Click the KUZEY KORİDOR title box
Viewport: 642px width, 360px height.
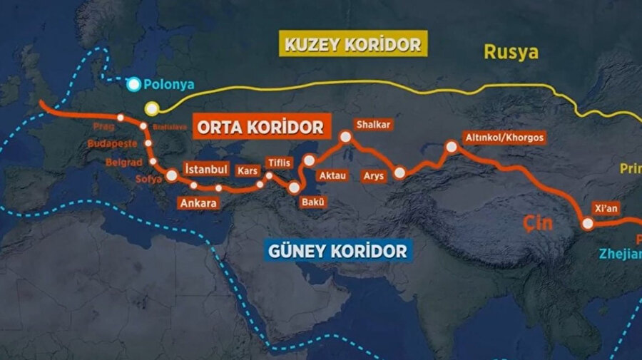[353, 44]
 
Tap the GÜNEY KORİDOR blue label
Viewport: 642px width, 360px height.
[338, 250]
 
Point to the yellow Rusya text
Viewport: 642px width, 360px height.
[511, 51]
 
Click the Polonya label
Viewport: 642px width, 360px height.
[168, 84]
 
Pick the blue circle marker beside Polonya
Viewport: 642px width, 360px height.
[133, 84]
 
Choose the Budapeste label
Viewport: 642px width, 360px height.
[111, 144]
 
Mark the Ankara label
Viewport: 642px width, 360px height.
[198, 202]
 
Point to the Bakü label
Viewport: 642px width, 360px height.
[313, 202]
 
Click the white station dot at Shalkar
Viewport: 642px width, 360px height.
[346, 136]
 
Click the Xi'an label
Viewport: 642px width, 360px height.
[606, 209]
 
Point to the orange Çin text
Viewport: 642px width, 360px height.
[539, 222]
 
